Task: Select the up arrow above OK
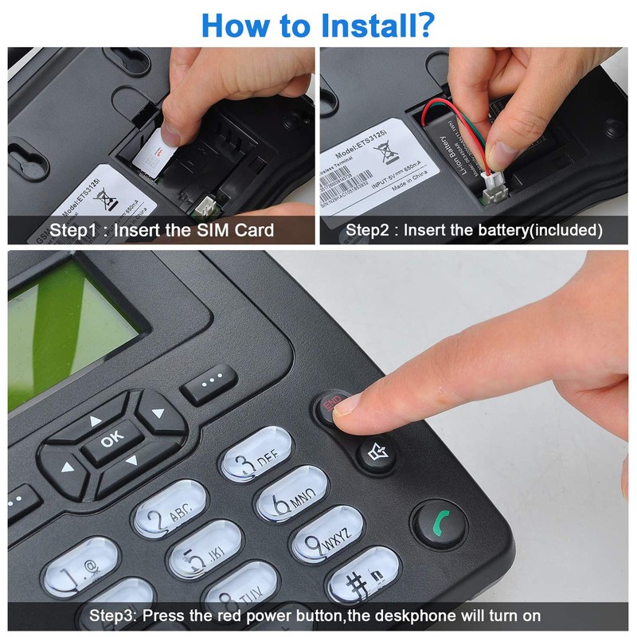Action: coord(96,419)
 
